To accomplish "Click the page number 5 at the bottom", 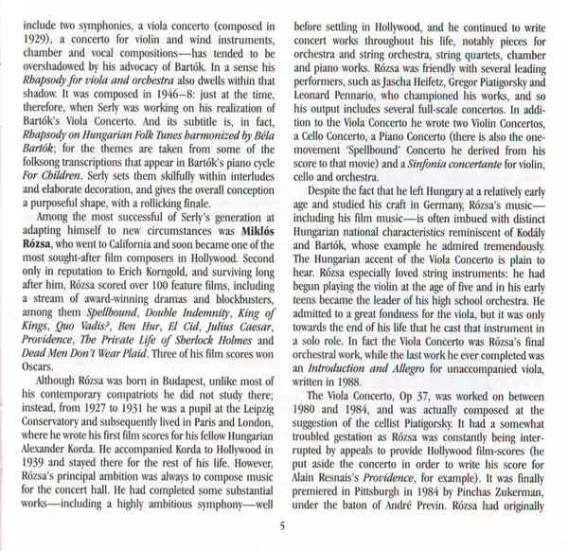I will pyautogui.click(x=283, y=527).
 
